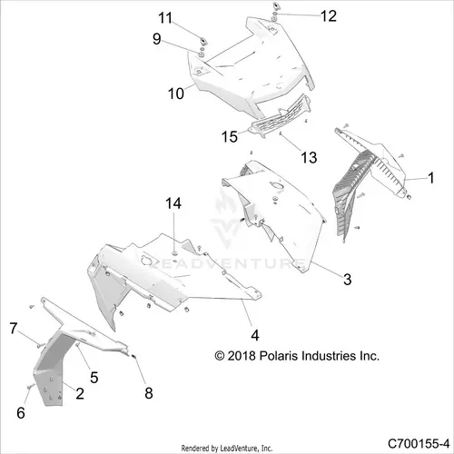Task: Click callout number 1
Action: [431, 178]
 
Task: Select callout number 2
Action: [80, 393]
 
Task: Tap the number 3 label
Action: [348, 279]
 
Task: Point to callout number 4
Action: [255, 335]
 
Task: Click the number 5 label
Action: [94, 378]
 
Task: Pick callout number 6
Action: [21, 413]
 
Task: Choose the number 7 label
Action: [14, 329]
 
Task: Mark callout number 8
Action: [149, 393]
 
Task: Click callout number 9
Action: [156, 39]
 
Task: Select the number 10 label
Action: [176, 94]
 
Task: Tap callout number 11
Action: [165, 18]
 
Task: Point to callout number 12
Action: [329, 15]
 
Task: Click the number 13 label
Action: [309, 157]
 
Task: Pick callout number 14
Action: [173, 203]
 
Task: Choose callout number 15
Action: [230, 137]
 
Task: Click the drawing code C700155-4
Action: [419, 444]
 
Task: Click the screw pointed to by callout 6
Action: [30, 387]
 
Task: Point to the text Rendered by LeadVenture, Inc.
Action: [227, 448]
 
